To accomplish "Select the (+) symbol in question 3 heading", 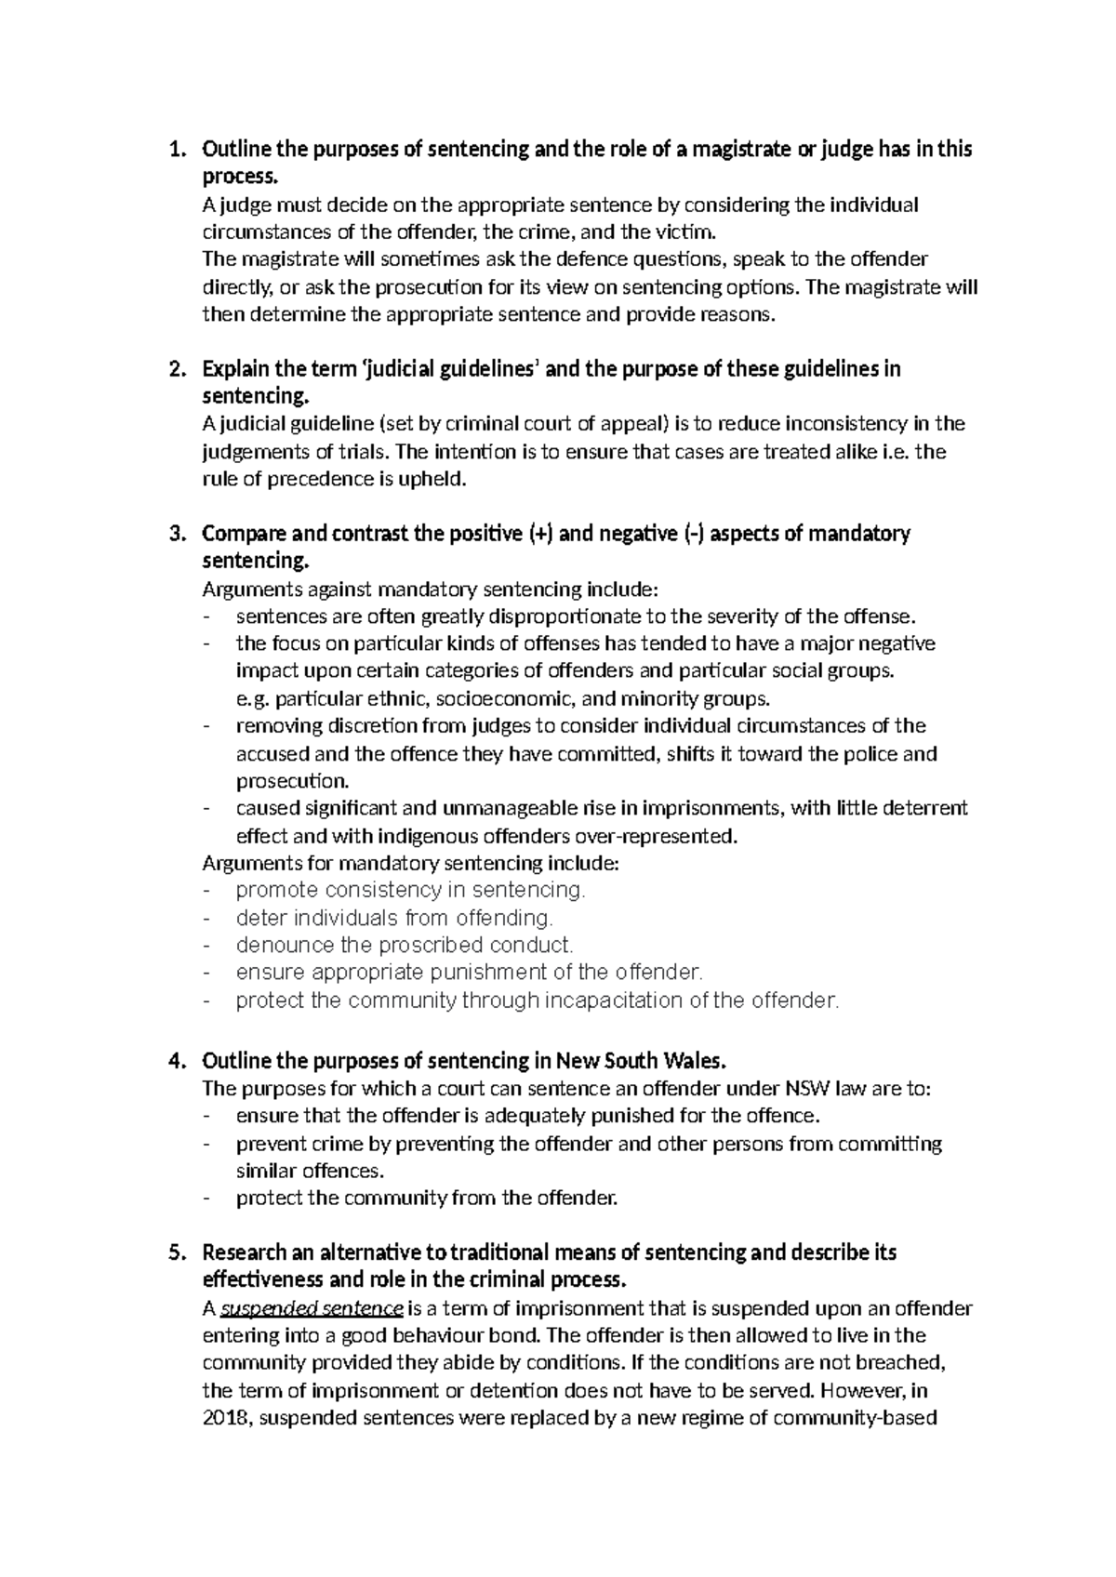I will click(539, 535).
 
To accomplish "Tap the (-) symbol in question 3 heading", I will click(694, 535).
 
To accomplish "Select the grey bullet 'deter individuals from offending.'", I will click(394, 919).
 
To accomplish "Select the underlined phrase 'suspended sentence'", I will click(312, 1309).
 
